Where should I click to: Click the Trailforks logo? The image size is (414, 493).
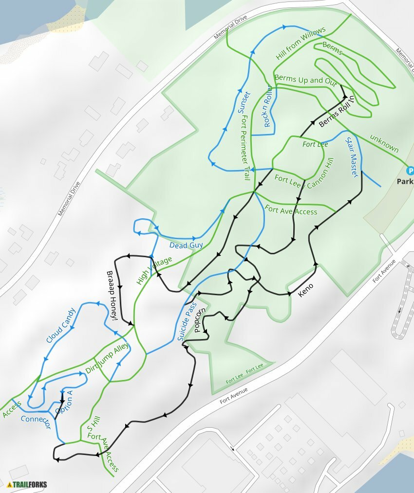(x=27, y=484)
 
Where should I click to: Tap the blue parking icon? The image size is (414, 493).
(x=410, y=171)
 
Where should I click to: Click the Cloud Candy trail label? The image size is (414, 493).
(x=61, y=325)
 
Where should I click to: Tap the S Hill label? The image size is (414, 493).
(x=92, y=423)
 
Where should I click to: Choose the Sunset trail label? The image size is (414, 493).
(x=244, y=102)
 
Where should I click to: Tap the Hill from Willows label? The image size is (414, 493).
(x=301, y=44)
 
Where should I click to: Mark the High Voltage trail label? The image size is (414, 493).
(x=154, y=270)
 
